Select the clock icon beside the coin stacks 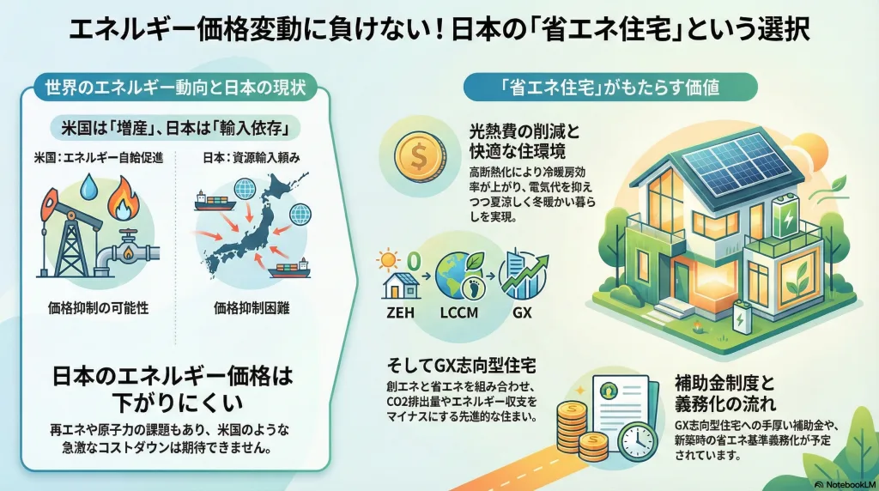[x=636, y=440]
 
